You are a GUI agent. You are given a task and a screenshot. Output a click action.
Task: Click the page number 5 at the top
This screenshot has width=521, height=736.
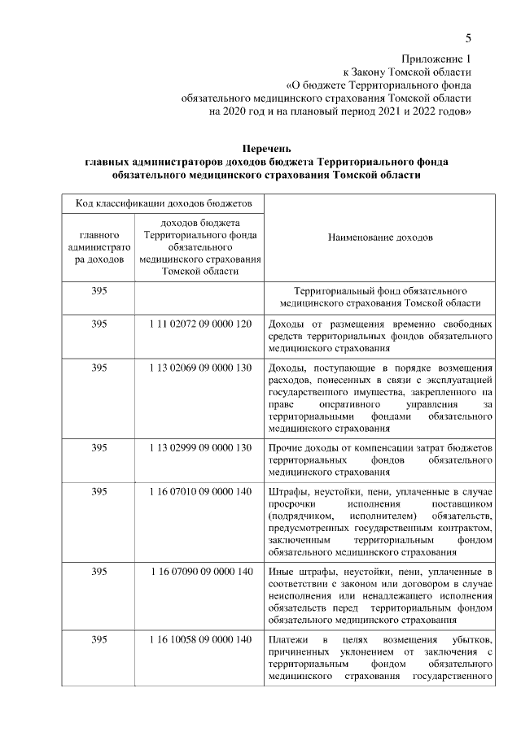click(x=469, y=38)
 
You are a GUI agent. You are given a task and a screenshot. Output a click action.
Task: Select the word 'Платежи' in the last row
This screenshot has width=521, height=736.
click(x=288, y=638)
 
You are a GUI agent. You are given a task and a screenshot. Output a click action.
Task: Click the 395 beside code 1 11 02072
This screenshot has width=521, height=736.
click(x=99, y=324)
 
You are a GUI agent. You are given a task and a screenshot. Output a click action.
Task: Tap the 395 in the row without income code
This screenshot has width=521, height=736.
click(x=99, y=290)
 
